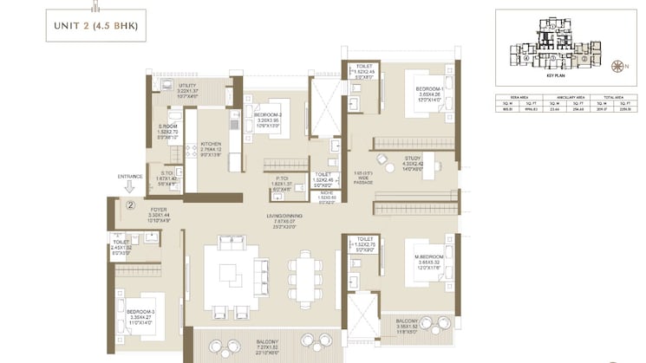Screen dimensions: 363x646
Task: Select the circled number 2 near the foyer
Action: [129, 206]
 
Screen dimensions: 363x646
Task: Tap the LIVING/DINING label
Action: [277, 216]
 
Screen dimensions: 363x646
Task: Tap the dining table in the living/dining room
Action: [304, 275]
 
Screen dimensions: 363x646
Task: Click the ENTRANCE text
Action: [129, 176]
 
